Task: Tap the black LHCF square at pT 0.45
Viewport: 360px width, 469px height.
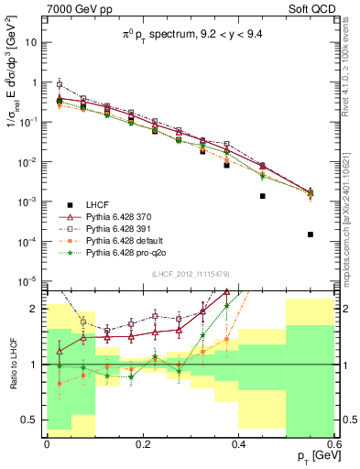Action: click(x=262, y=196)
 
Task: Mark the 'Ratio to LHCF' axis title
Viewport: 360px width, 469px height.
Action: click(x=11, y=363)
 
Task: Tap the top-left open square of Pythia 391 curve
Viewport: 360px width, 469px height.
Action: click(x=60, y=84)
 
